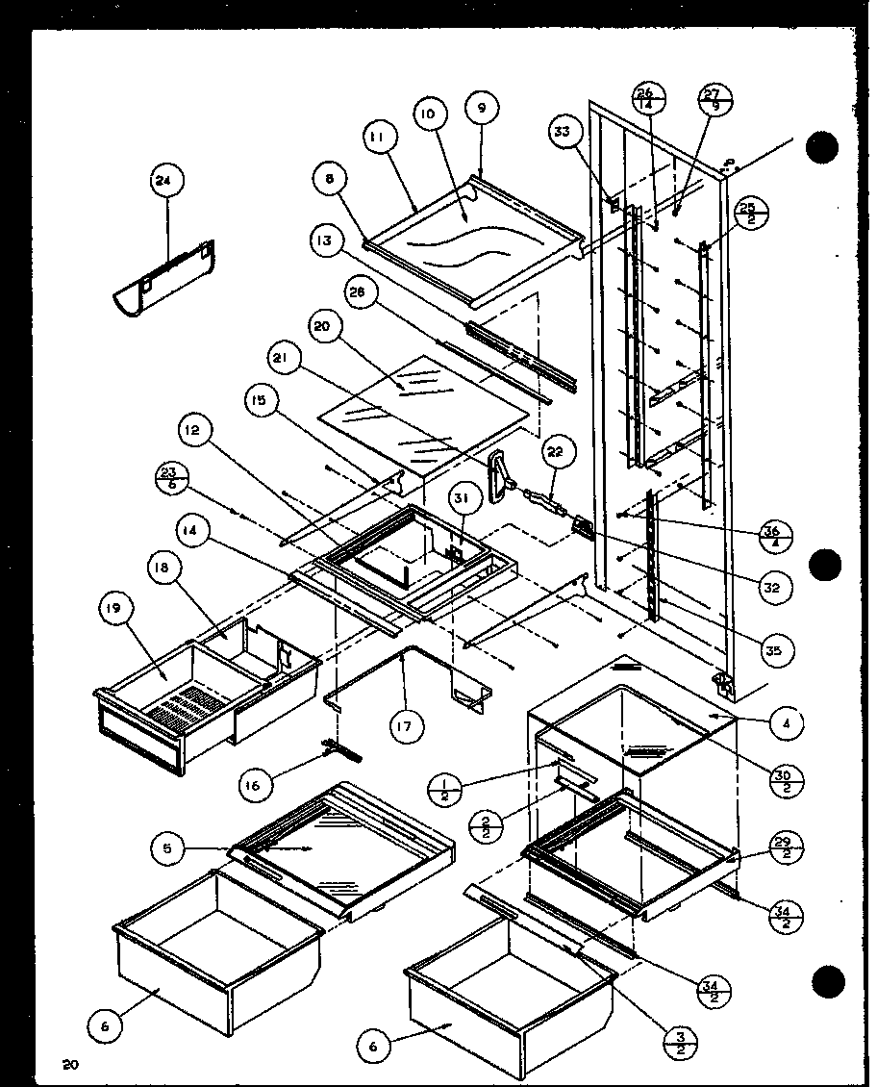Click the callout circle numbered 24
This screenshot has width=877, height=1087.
[x=167, y=180]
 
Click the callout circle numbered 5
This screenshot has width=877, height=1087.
[x=167, y=847]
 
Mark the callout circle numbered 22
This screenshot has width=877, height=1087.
[x=559, y=452]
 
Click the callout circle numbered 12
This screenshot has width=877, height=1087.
[x=191, y=435]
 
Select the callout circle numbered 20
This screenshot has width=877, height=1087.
[x=324, y=327]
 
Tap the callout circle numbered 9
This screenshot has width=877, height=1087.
[x=482, y=108]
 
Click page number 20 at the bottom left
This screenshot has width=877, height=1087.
[x=68, y=1063]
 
